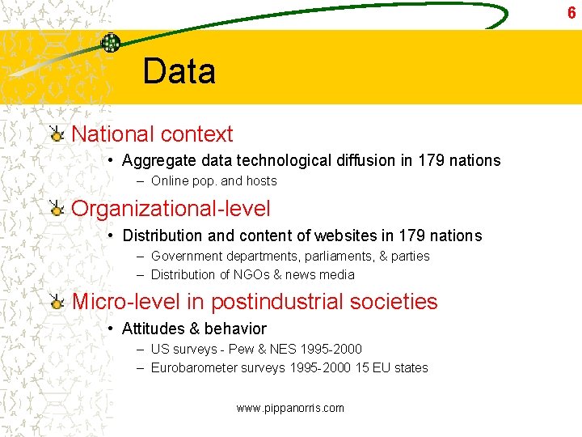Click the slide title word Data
click(179, 71)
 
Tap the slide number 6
click(571, 12)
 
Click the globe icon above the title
click(111, 44)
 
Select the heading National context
click(152, 134)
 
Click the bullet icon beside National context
click(56, 134)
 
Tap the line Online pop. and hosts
click(213, 181)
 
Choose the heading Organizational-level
click(171, 208)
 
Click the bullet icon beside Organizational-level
click(56, 209)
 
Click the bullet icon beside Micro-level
click(56, 303)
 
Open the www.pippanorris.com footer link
click(290, 408)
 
